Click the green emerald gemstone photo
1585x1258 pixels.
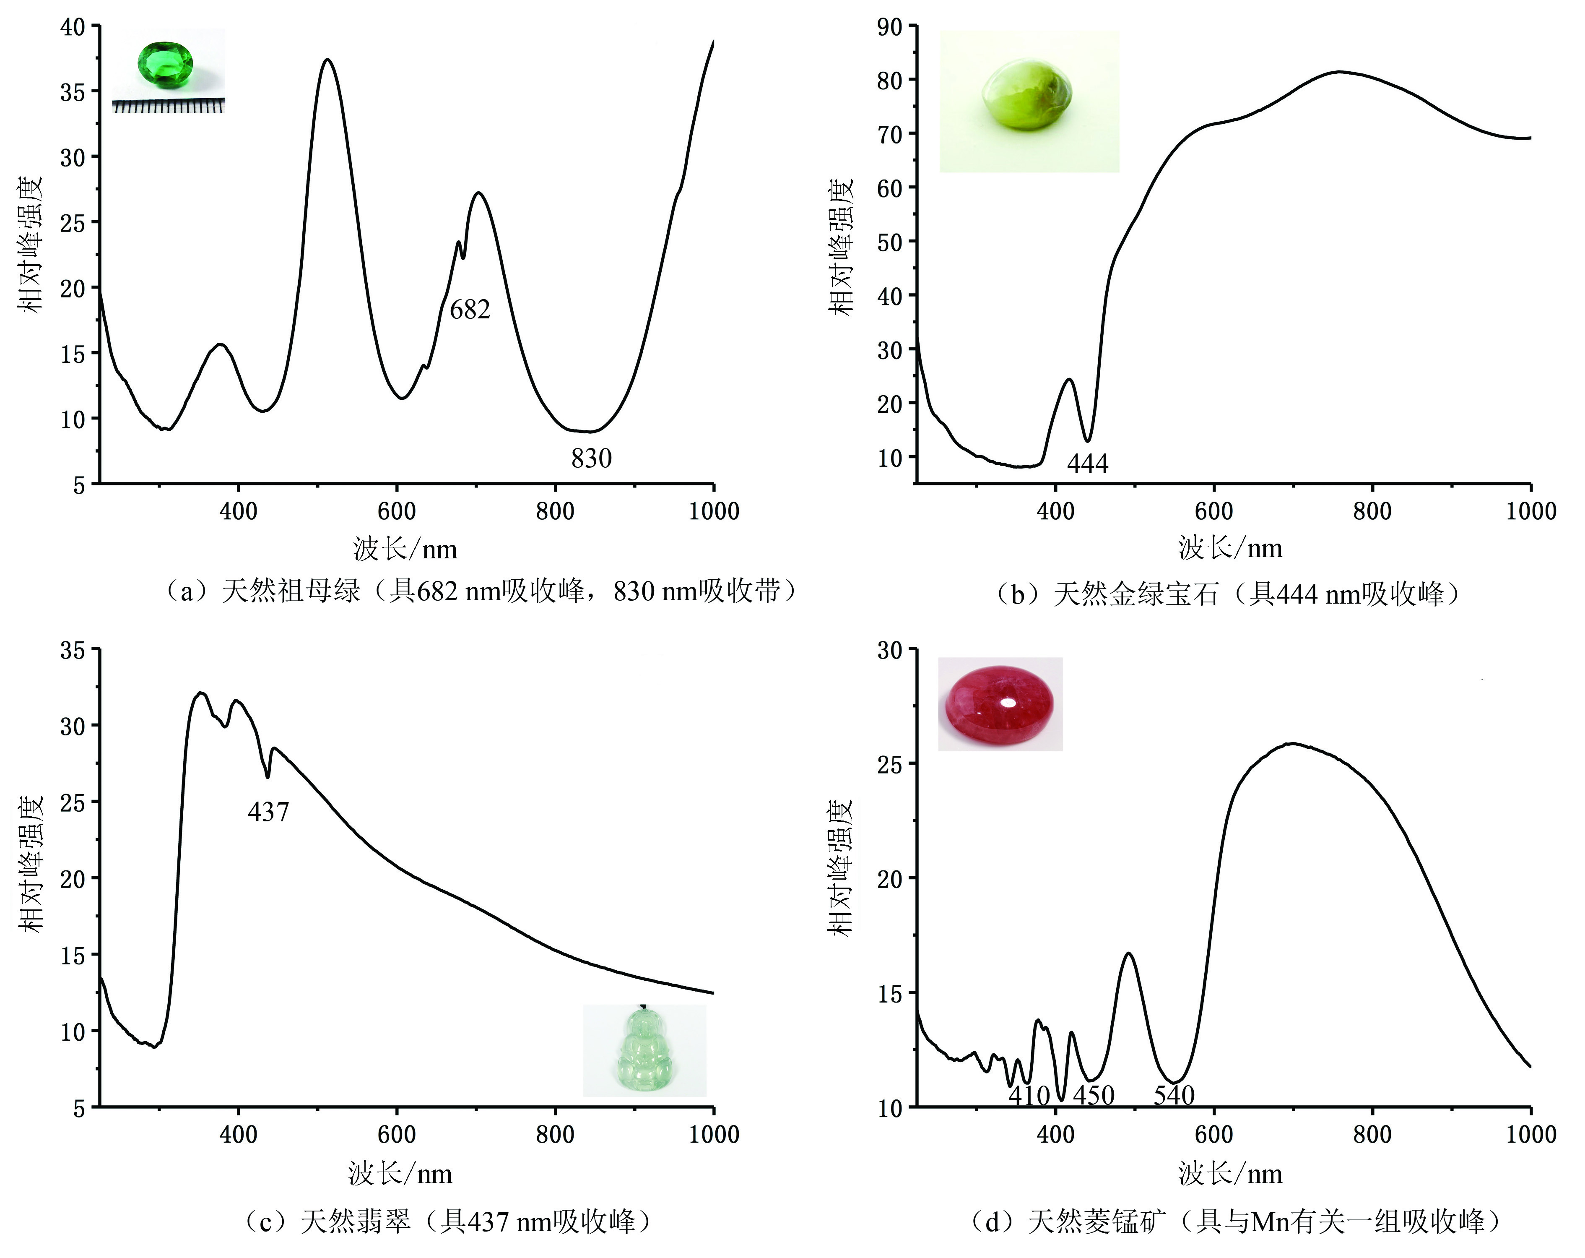165,64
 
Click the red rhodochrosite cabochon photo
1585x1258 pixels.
999,703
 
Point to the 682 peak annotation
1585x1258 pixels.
470,310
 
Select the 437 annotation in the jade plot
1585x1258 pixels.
268,812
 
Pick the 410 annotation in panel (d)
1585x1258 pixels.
1029,1096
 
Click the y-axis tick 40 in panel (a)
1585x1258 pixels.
73,27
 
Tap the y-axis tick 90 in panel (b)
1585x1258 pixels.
889,27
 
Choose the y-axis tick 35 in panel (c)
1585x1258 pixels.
73,650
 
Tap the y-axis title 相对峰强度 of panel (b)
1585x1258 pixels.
841,246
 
